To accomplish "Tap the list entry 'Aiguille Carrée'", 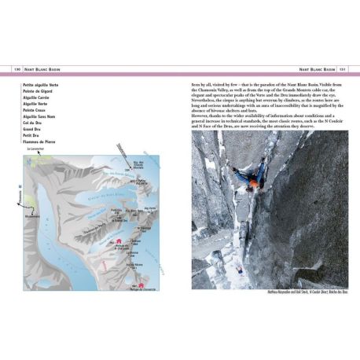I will point(36,97).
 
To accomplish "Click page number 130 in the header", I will point(15,69).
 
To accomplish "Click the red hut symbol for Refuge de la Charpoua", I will point(118,241).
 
